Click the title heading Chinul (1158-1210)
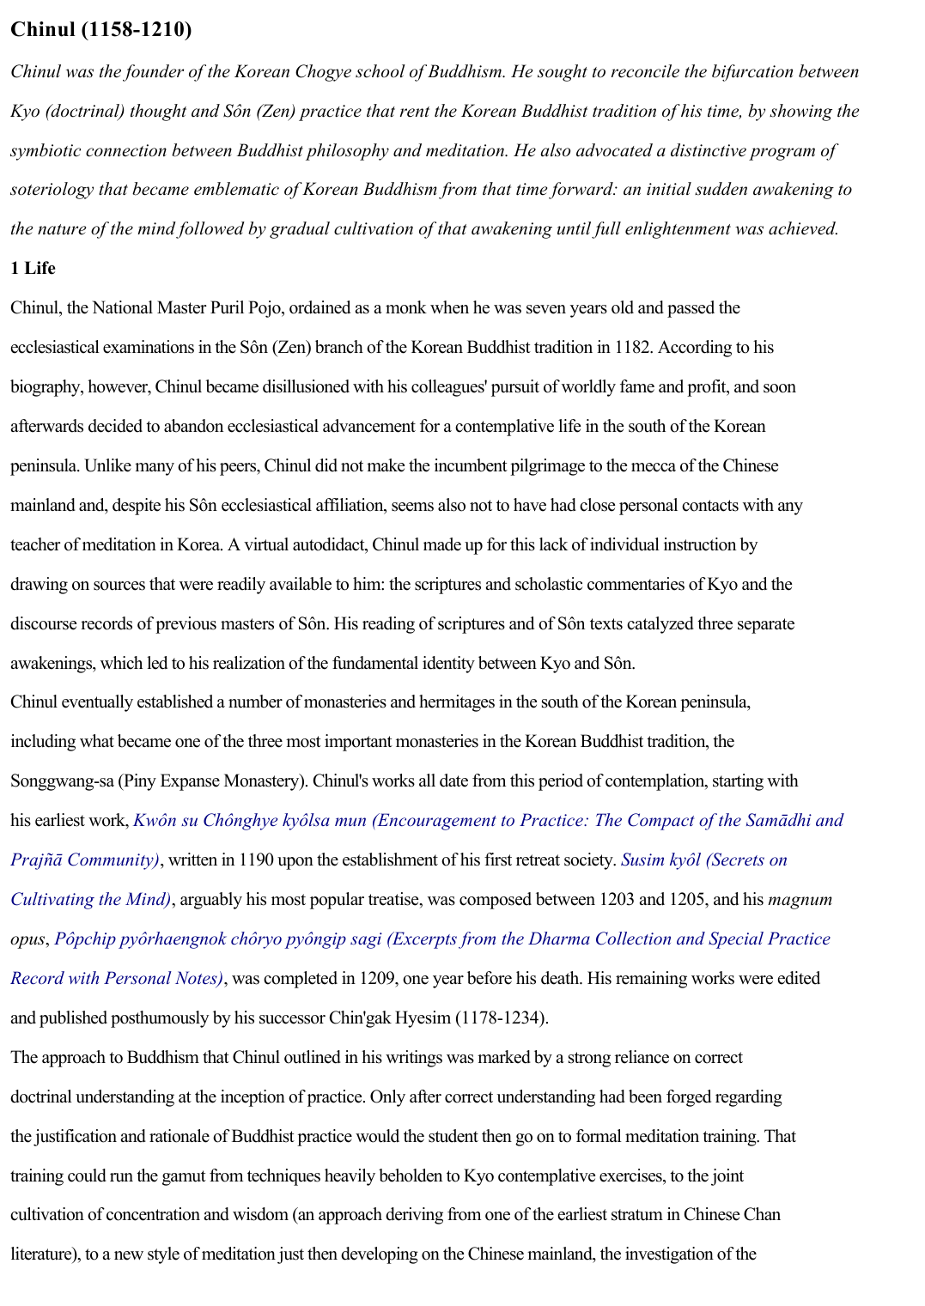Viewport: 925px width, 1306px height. coord(101,30)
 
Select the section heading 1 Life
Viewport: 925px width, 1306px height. coord(33,269)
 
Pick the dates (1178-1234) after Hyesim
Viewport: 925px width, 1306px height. coord(501,1018)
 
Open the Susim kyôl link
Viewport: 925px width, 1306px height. coord(703,860)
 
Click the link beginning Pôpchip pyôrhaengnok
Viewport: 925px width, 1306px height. coord(442,939)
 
